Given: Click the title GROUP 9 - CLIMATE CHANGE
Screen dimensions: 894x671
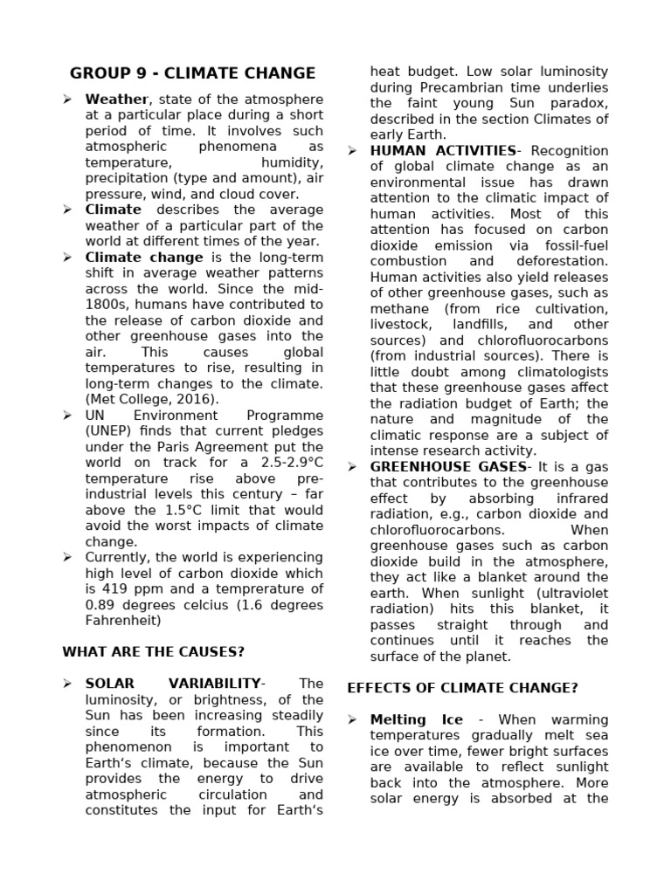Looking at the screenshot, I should [x=192, y=73].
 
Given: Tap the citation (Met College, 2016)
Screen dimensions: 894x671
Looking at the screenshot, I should [x=151, y=399].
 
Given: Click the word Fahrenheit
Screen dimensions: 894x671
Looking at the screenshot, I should [x=123, y=621].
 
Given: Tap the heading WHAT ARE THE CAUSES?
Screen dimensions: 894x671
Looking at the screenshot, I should [x=154, y=652].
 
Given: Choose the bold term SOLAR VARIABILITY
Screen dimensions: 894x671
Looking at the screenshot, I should [x=173, y=684].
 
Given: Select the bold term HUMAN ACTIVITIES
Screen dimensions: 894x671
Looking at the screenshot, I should [x=443, y=151].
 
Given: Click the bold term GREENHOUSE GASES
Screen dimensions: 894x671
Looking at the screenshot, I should [x=448, y=467].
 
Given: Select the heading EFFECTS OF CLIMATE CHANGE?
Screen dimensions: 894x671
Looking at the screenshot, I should [x=462, y=688].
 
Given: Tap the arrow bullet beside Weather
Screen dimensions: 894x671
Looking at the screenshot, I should [x=68, y=100].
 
